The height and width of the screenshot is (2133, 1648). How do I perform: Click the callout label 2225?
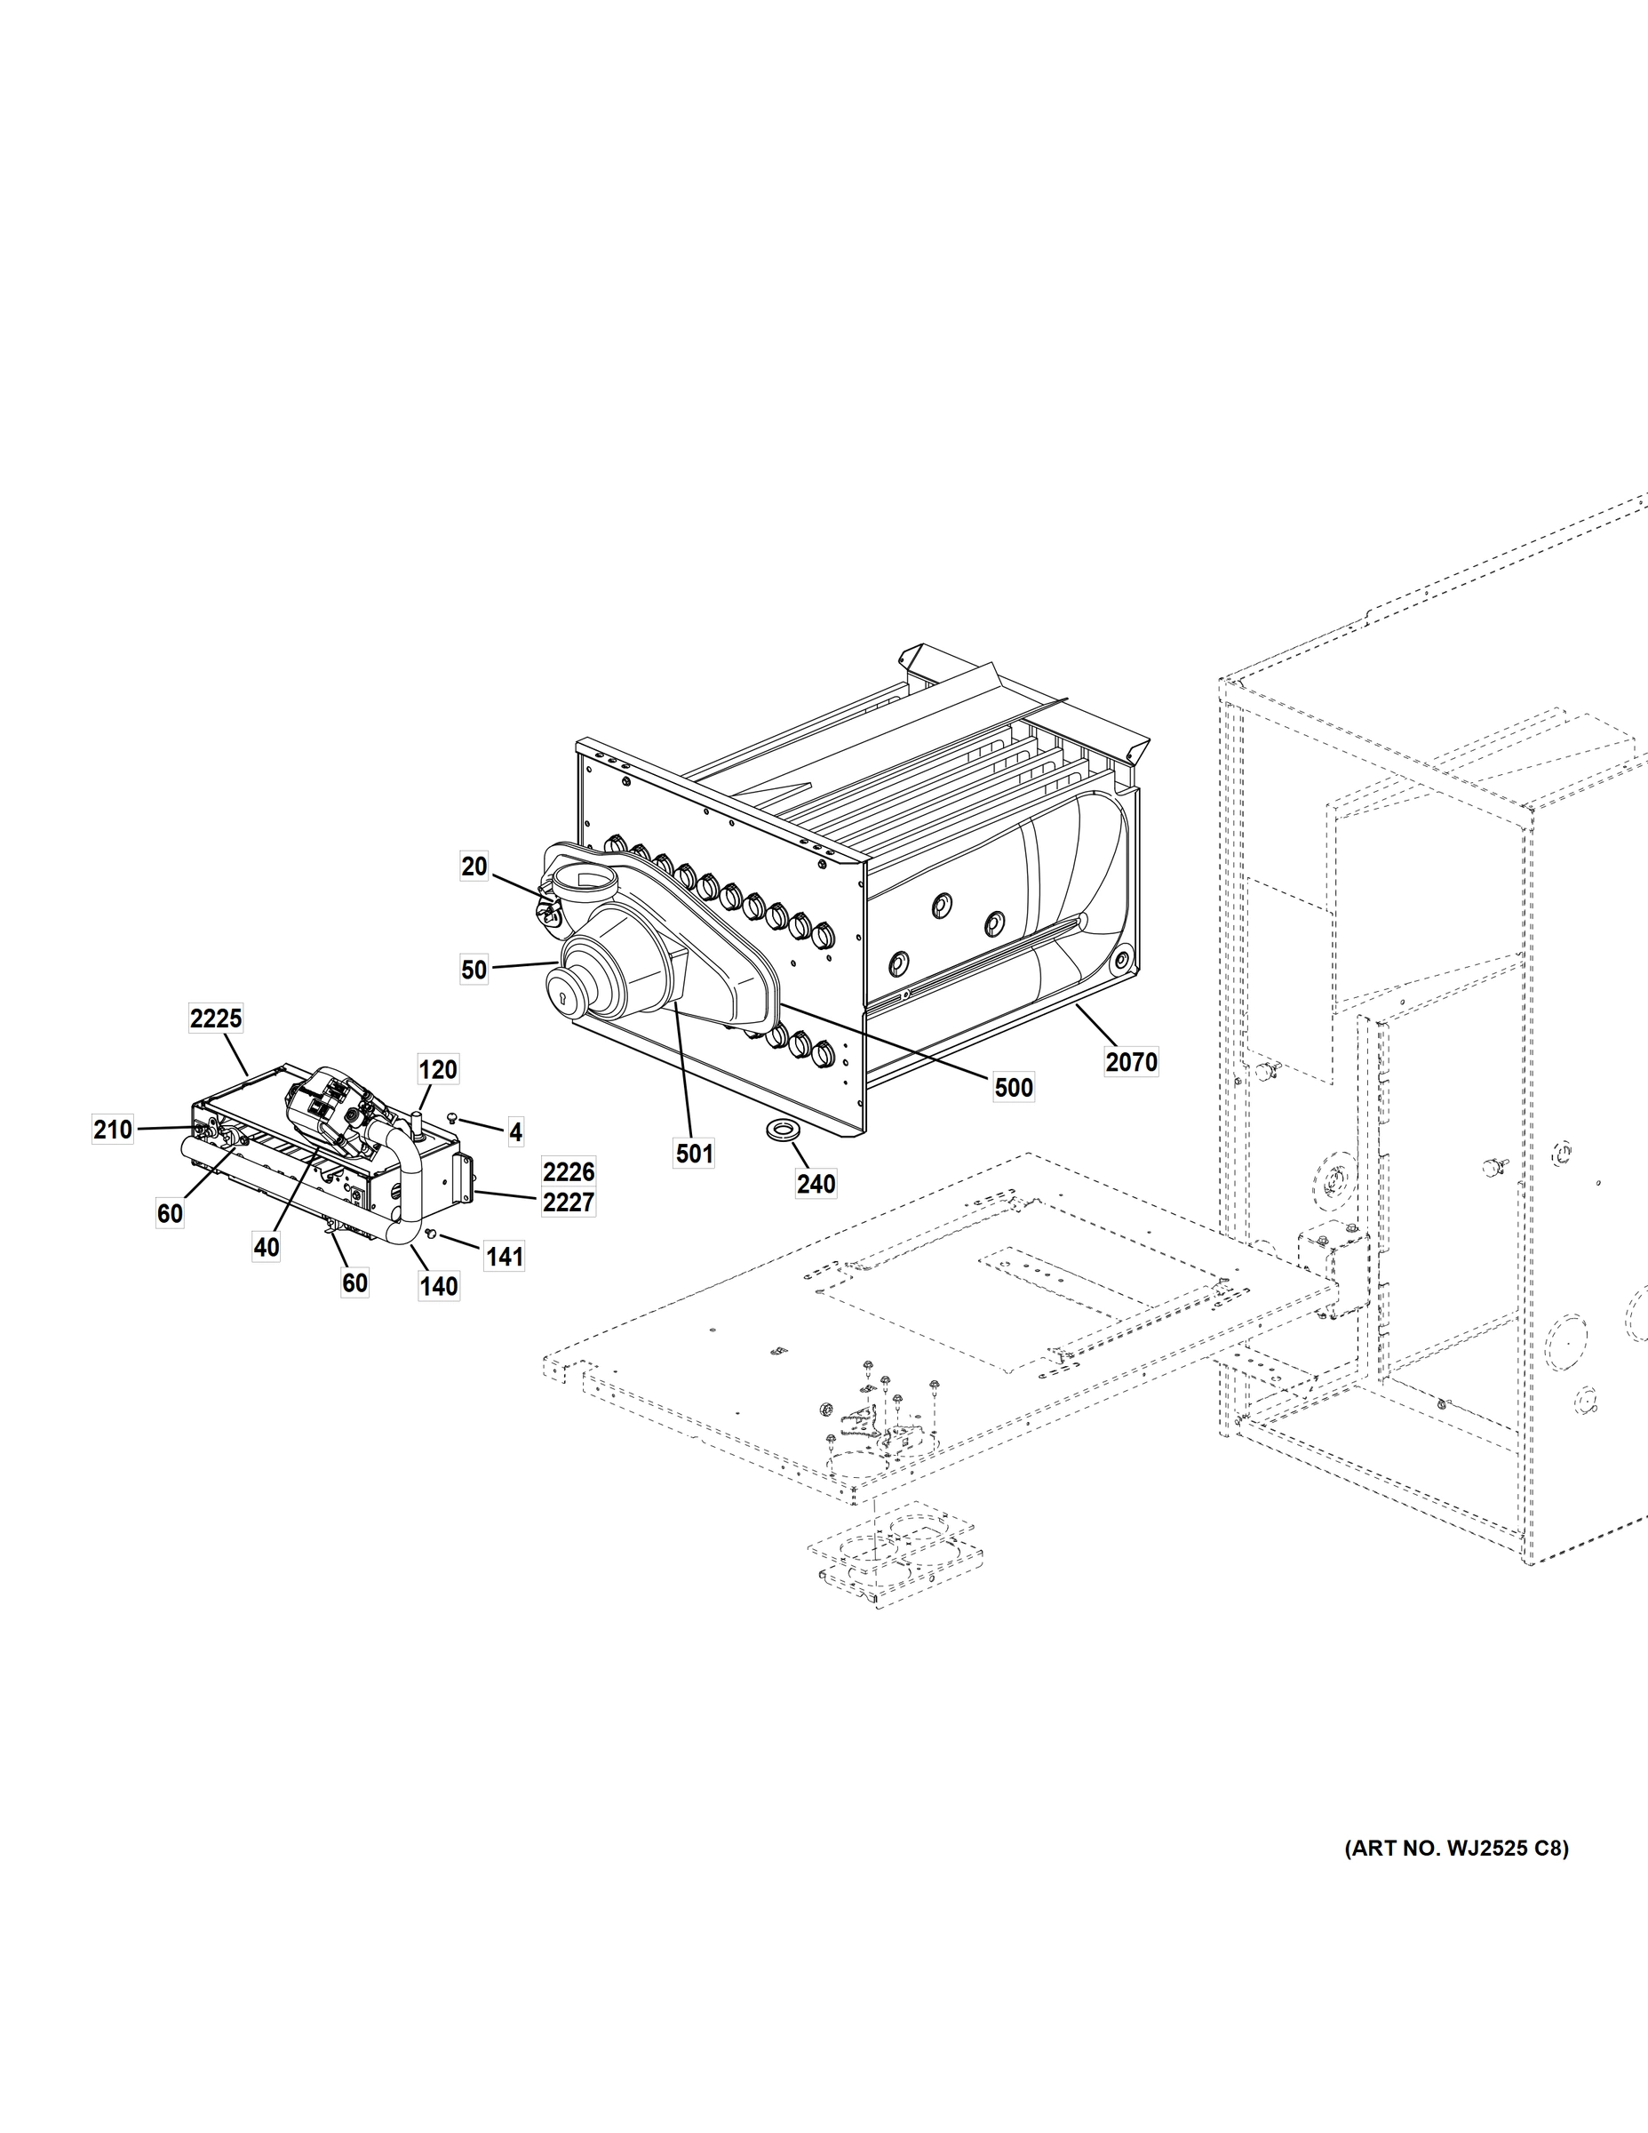[216, 1019]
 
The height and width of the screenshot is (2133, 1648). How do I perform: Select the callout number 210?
[112, 1129]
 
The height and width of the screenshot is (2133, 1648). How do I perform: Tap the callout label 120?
[437, 1069]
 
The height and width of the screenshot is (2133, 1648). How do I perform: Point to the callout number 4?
[515, 1132]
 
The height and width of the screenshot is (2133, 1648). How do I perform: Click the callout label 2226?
[569, 1171]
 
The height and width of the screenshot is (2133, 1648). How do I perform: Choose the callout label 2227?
[569, 1202]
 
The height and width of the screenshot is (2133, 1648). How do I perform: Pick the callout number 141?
[505, 1257]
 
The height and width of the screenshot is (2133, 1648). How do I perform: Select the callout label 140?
[438, 1286]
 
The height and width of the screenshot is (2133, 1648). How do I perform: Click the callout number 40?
[267, 1247]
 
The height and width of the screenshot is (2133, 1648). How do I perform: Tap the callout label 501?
[694, 1154]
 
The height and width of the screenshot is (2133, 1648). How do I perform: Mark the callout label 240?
[816, 1184]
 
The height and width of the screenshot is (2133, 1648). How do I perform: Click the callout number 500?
[1013, 1087]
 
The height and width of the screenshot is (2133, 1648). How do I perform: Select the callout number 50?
[474, 970]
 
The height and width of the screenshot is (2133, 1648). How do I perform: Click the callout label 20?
[474, 867]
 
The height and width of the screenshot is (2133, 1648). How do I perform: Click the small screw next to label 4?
[452, 1117]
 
